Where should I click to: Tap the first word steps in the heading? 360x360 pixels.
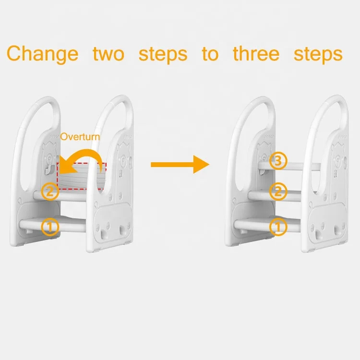163,54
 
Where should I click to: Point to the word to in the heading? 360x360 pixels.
210,54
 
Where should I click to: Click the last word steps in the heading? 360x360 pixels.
318,54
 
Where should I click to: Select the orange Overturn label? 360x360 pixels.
80,137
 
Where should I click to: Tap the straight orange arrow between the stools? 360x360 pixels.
180,165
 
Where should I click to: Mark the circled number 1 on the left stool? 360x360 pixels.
50,227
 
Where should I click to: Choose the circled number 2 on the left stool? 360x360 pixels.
50,192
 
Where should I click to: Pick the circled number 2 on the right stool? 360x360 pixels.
278,192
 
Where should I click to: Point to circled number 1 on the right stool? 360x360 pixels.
278,227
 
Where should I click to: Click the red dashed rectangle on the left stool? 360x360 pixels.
82,176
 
